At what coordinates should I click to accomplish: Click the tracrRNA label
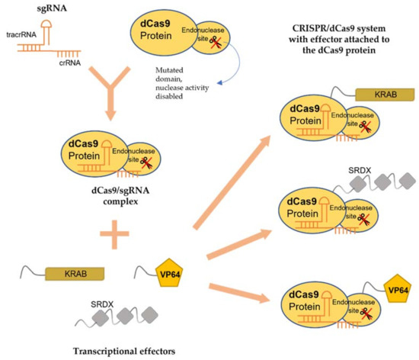[x=30, y=42]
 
